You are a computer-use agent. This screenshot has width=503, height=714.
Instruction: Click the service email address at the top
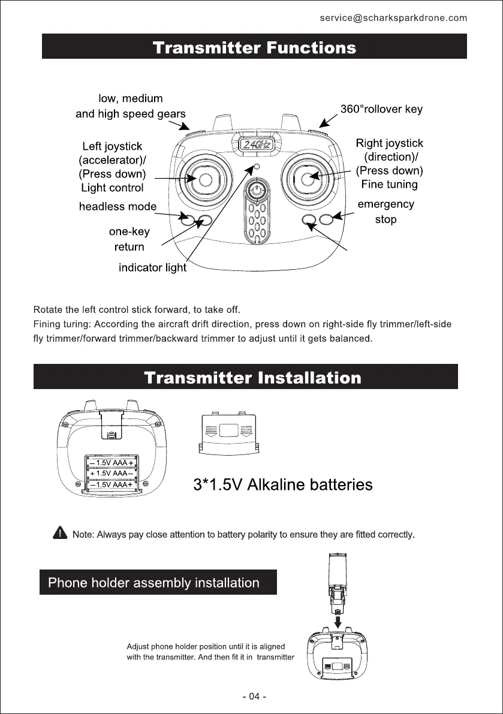(x=393, y=18)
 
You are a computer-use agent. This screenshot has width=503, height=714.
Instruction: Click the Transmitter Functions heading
(x=254, y=47)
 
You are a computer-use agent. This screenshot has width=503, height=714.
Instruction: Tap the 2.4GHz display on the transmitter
(x=256, y=144)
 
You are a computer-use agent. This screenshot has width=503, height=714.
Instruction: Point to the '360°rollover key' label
(x=381, y=109)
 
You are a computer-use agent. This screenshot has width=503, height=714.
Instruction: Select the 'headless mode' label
(x=118, y=207)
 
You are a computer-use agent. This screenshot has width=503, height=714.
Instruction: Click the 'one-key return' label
(x=129, y=239)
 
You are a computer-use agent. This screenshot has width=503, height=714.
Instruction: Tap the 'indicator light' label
(x=152, y=268)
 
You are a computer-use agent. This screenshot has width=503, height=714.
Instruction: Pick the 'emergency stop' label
(x=385, y=212)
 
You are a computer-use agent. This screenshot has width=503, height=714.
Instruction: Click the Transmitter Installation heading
(x=253, y=378)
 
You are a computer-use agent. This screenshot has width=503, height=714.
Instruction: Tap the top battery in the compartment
(x=112, y=463)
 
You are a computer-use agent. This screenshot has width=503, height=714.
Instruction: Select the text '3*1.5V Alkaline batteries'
(x=282, y=484)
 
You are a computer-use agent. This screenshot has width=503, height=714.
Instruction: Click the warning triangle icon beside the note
(x=60, y=532)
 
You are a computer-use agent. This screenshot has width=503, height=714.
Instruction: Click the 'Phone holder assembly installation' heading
(x=153, y=583)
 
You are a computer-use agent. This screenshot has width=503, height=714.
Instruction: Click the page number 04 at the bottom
(x=254, y=697)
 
